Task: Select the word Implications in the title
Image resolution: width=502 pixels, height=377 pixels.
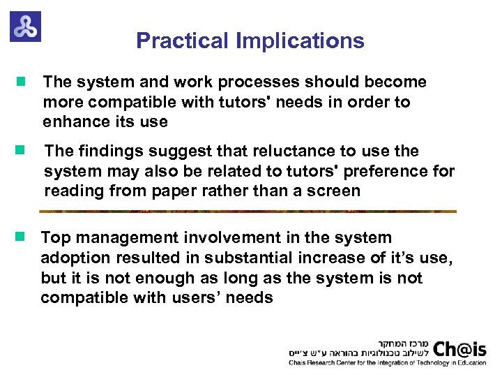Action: tap(300, 41)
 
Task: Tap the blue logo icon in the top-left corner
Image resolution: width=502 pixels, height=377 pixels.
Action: tap(25, 27)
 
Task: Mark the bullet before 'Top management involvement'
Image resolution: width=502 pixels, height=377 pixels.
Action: tap(21, 237)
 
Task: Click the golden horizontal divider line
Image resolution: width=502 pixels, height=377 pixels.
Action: tap(248, 211)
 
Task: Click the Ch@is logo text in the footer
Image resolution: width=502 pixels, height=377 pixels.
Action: tap(460, 348)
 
